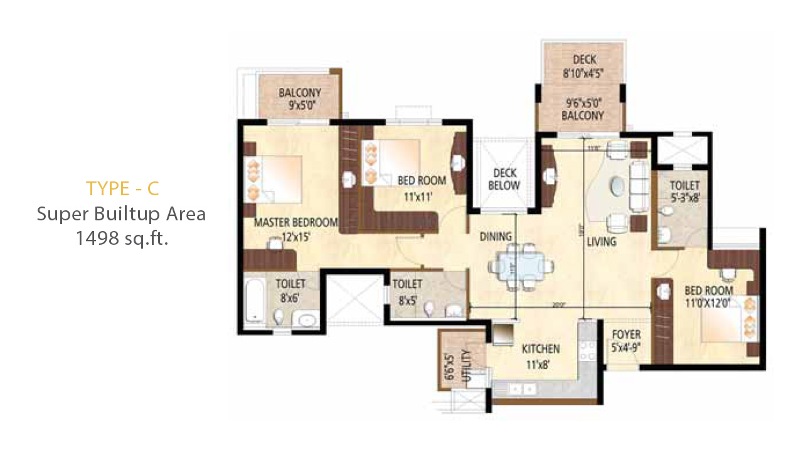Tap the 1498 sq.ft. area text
point(122,238)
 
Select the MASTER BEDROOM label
point(295,222)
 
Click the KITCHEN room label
point(541,348)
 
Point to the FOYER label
point(626,335)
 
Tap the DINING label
point(496,237)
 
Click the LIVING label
point(601,241)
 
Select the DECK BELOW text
point(505,179)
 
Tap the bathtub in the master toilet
point(253,301)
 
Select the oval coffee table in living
point(618,186)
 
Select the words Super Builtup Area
point(122,213)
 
